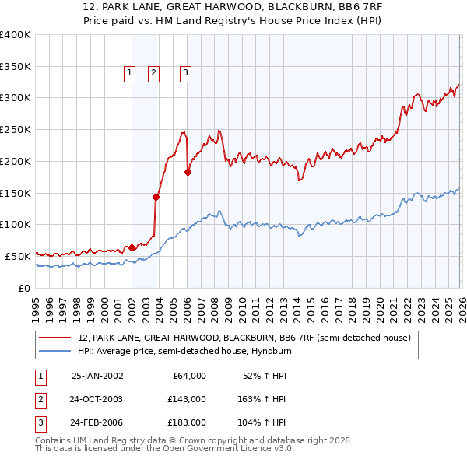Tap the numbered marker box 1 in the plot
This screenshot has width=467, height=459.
129,74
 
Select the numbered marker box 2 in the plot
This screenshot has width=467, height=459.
153,74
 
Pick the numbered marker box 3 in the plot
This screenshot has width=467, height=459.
186,74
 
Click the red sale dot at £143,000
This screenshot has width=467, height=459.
156,197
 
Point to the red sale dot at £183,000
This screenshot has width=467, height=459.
188,172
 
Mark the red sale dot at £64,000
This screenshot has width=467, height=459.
132,247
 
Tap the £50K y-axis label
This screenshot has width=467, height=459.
18,256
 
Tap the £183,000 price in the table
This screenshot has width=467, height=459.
187,423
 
